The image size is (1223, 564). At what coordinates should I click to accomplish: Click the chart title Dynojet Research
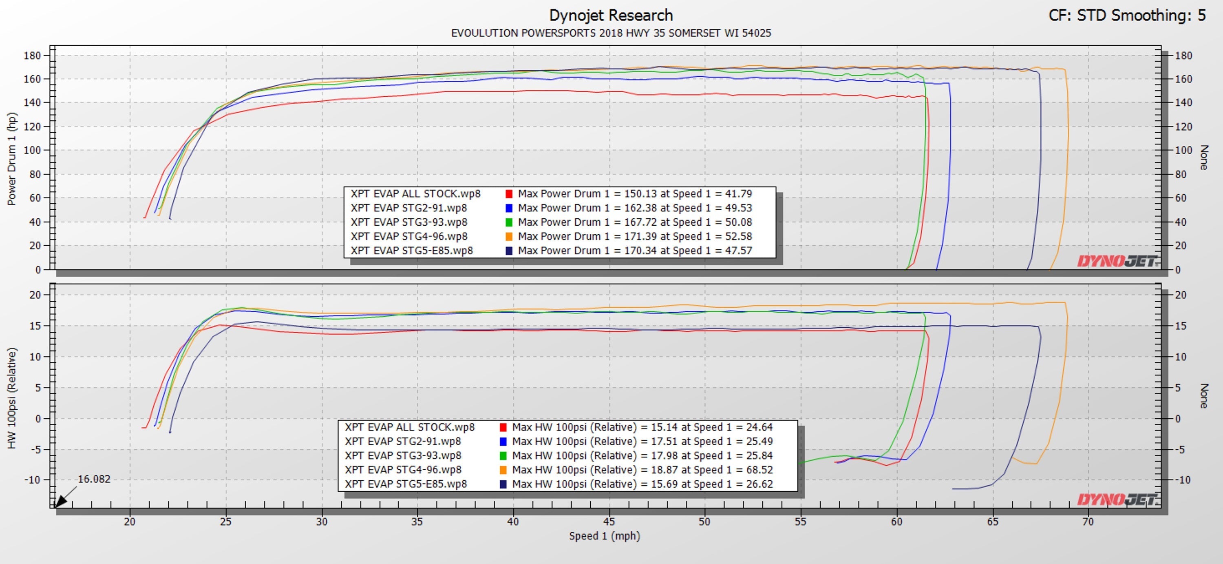tap(611, 15)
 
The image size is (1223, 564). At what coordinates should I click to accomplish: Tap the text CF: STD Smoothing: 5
tap(1127, 15)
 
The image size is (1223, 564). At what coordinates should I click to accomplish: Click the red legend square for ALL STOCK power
tap(509, 194)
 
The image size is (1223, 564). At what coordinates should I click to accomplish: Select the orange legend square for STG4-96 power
tap(509, 237)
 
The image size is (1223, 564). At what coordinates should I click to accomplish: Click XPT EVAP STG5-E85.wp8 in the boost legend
tap(406, 484)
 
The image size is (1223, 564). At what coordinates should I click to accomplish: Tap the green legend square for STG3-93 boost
tap(503, 456)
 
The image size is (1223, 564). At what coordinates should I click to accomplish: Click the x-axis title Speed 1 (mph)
tap(605, 536)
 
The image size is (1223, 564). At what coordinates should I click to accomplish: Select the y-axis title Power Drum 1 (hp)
tap(12, 159)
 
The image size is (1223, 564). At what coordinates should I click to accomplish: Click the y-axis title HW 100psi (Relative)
tap(12, 398)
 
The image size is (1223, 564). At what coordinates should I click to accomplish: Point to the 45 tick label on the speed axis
tap(609, 522)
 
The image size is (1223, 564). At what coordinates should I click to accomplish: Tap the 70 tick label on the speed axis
tap(1088, 522)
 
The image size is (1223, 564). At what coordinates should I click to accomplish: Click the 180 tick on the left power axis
tap(32, 56)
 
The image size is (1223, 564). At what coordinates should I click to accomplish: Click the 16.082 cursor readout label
tap(94, 479)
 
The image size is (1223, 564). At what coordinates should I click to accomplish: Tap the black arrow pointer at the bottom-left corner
tap(61, 501)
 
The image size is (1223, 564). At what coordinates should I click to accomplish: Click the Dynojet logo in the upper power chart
tap(1117, 261)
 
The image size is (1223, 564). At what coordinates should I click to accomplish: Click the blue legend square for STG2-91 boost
tap(503, 442)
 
